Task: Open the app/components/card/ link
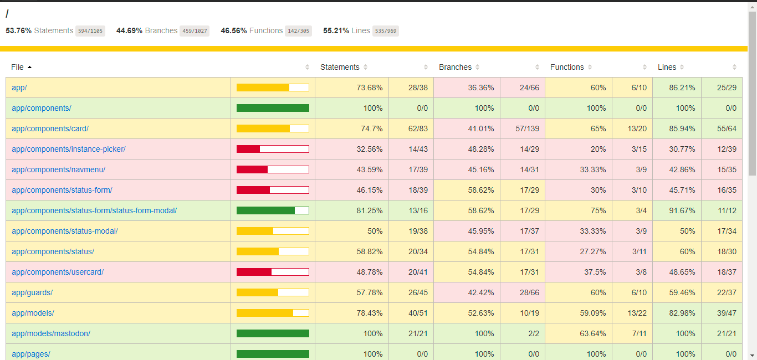click(50, 128)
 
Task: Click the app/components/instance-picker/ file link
click(69, 150)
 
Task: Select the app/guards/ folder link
click(32, 292)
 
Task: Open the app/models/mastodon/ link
click(51, 333)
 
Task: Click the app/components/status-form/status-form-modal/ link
click(94, 210)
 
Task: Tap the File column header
click(17, 67)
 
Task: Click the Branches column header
click(455, 67)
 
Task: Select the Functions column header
click(567, 67)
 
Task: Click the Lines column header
click(667, 67)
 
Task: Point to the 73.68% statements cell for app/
click(370, 88)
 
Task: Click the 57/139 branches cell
click(527, 128)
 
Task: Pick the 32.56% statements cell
click(370, 150)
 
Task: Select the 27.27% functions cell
click(593, 251)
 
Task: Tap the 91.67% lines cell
click(682, 210)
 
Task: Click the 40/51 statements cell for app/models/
click(418, 313)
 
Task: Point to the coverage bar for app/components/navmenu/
click(273, 169)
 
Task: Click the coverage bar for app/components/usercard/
click(273, 272)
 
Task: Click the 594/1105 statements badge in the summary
click(90, 30)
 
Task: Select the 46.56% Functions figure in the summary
click(233, 30)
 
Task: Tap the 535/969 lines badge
click(386, 30)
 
